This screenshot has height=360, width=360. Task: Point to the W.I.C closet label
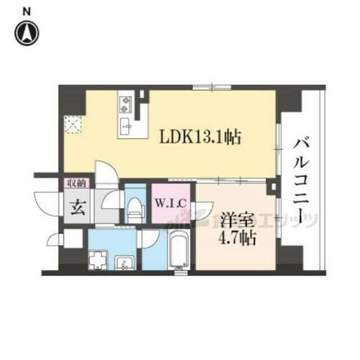[x=171, y=204]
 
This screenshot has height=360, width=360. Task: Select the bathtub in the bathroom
[x=178, y=248]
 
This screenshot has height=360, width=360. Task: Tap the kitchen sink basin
[x=124, y=130]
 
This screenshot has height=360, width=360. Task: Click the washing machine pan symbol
[x=97, y=258]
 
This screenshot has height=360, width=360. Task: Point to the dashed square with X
[x=73, y=125]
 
